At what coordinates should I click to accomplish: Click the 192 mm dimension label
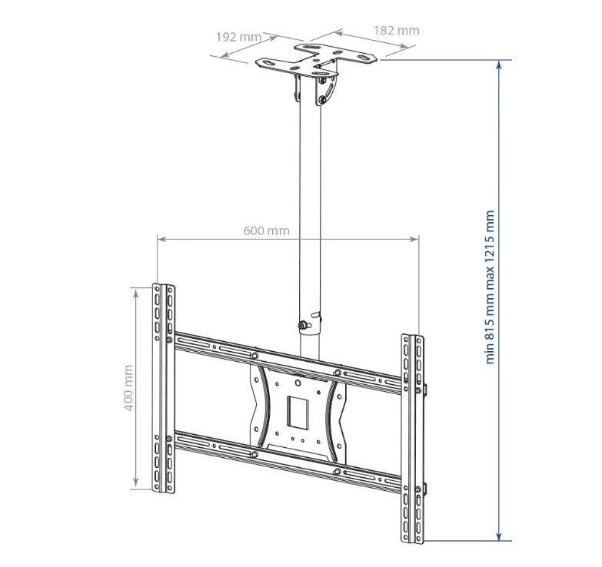pyautogui.click(x=238, y=37)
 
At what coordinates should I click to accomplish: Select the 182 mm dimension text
pyautogui.click(x=397, y=31)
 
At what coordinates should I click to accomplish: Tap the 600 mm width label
pyautogui.click(x=267, y=230)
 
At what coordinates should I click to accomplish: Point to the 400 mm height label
pyautogui.click(x=129, y=388)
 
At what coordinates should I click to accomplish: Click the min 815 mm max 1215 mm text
pyautogui.click(x=490, y=287)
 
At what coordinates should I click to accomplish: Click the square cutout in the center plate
pyautogui.click(x=298, y=413)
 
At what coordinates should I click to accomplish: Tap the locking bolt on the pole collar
pyautogui.click(x=303, y=326)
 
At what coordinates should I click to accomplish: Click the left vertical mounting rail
pyautogui.click(x=164, y=388)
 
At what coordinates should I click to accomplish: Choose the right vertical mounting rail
pyautogui.click(x=412, y=439)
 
